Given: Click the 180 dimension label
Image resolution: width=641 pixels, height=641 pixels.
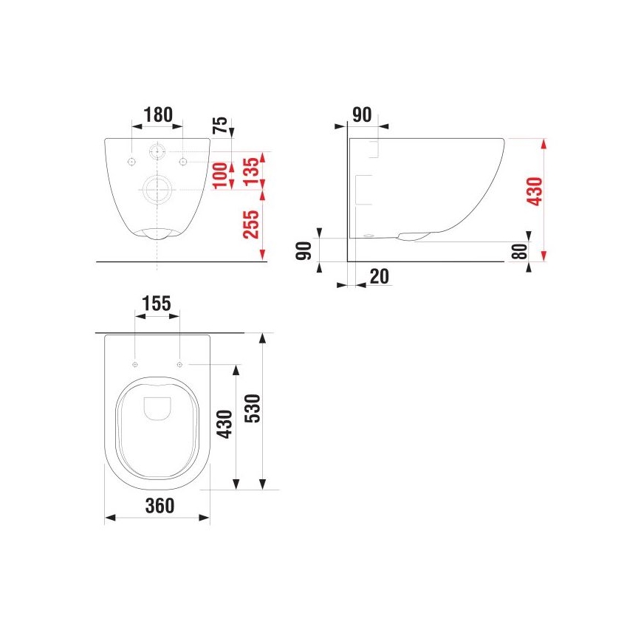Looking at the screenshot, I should tap(157, 114).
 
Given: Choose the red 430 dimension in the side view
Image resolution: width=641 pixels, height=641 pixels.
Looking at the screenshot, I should tap(537, 191).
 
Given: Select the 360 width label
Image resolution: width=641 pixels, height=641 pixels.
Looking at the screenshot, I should tap(159, 506).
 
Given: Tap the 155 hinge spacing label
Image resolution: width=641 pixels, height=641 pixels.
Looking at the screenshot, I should tap(157, 303).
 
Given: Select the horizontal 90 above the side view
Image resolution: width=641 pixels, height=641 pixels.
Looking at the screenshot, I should tap(362, 114).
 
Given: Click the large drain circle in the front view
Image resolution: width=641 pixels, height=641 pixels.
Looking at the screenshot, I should tap(157, 190).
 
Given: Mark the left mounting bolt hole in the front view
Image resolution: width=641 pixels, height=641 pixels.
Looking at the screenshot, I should tap(131, 161).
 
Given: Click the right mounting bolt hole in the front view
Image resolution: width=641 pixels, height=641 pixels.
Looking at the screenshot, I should tap(183, 161).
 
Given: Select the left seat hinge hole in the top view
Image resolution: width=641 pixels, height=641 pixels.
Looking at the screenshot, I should tap(134, 364).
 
